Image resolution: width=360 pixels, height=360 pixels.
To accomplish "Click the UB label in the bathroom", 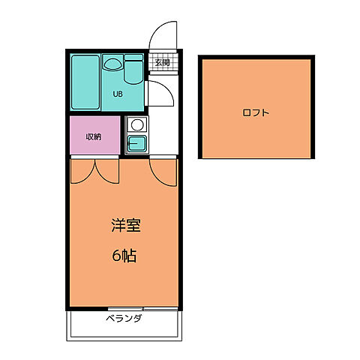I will (x=118, y=94).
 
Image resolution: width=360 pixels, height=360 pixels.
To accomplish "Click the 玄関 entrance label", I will (x=163, y=61).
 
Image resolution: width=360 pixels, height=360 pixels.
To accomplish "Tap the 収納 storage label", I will (x=93, y=136).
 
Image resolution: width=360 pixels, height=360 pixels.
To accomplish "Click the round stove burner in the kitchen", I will (x=136, y=124).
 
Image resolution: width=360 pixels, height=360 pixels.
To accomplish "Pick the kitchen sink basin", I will (x=136, y=143).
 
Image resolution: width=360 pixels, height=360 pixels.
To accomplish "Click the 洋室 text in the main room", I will (x=125, y=226).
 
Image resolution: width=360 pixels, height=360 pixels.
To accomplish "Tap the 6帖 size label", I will (x=125, y=256).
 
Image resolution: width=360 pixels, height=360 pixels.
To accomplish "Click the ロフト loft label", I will (x=256, y=113).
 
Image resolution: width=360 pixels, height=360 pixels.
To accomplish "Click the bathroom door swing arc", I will (x=160, y=93).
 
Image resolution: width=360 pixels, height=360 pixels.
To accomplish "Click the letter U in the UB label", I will (x=115, y=94).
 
